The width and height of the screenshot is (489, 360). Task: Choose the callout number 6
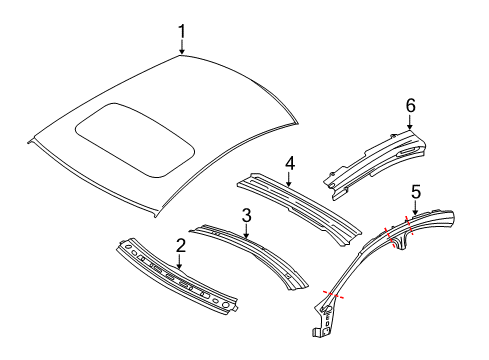pyautogui.click(x=410, y=104)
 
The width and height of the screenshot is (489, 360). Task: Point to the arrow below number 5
pyautogui.click(x=413, y=208)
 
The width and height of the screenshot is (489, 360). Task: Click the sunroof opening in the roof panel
pyautogui.click(x=135, y=138)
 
